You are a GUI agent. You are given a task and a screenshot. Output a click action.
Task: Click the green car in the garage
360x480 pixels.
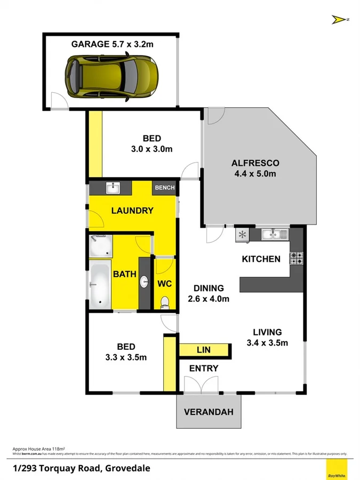tap(111, 77)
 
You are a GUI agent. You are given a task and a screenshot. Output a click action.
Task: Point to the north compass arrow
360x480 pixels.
tap(338, 20)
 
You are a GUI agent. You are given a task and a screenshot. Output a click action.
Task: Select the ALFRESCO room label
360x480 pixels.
tap(255, 163)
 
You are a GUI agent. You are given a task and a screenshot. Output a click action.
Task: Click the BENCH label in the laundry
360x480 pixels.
tap(164, 188)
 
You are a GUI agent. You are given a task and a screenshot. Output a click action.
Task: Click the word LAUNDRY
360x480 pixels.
tap(132, 211)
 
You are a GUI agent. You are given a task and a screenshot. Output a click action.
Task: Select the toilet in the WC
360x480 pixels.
tap(165, 302)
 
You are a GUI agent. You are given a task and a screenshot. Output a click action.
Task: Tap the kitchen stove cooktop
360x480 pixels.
tap(296, 259)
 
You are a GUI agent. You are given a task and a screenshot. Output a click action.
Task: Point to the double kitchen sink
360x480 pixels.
tap(275, 234)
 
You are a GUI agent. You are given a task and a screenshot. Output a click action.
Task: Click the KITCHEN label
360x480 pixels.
tap(261, 259)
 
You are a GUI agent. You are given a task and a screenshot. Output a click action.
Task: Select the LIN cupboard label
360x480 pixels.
tap(204, 350)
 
